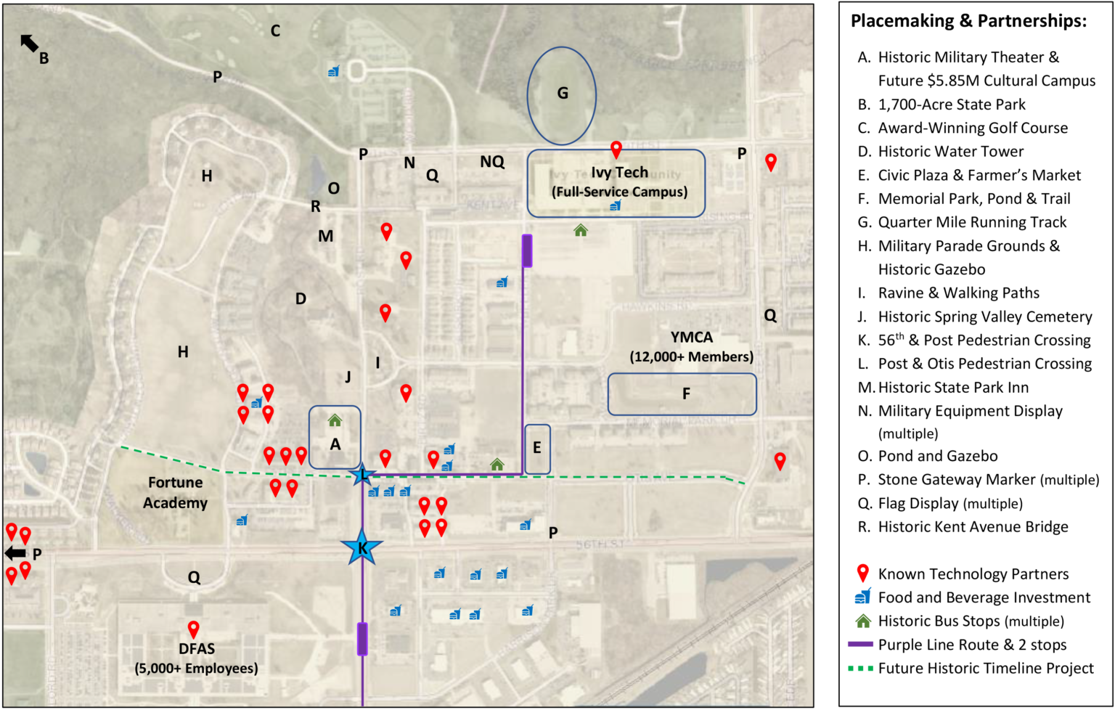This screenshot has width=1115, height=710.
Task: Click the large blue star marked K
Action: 362,548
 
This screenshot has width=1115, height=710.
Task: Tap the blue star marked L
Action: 362,476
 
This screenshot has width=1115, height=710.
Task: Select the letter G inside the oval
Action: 563,93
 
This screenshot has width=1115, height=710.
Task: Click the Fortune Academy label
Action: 176,492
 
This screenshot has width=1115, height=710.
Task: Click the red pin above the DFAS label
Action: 193,629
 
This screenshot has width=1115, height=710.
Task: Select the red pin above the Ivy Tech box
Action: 616,150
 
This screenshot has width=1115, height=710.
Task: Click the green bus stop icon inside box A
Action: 335,420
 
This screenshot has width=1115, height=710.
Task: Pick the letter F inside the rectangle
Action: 686,393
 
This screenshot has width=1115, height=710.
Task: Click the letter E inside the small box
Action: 537,448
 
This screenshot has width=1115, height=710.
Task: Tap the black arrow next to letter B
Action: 29,44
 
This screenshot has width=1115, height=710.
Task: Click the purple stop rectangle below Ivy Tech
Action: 527,250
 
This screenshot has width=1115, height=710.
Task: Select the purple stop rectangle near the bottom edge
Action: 362,639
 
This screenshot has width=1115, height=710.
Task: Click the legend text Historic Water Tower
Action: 950,151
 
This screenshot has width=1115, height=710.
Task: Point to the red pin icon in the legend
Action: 862,574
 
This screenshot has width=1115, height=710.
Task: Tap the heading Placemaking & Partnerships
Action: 968,21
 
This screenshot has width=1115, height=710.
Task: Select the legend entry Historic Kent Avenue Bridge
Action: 973,526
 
